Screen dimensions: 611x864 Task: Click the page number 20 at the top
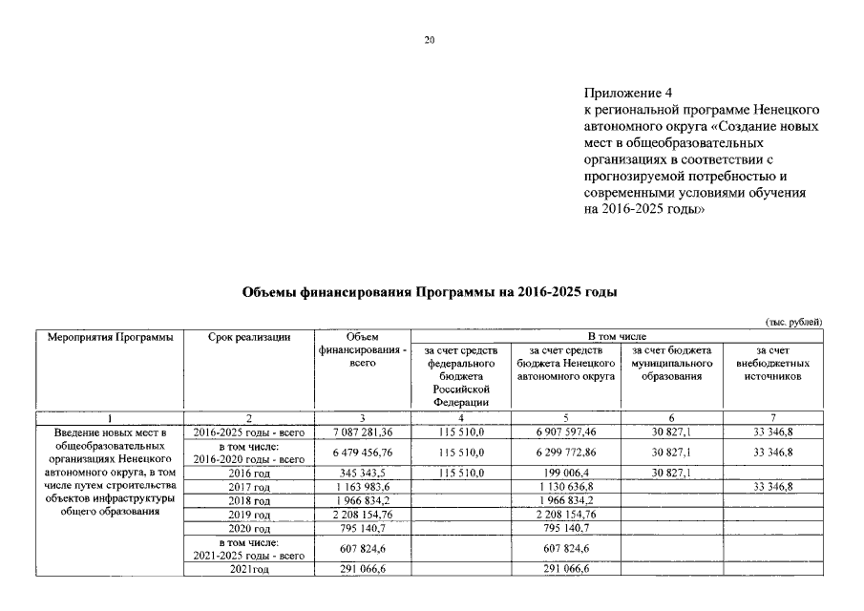pyautogui.click(x=430, y=40)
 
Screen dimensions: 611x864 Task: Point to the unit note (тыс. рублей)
pyautogui.click(x=792, y=322)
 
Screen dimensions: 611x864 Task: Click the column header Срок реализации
pyautogui.click(x=248, y=336)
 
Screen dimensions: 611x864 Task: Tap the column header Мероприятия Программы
pyautogui.click(x=106, y=336)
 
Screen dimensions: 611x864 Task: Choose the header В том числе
pyautogui.click(x=616, y=336)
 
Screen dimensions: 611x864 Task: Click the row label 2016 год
pyautogui.click(x=248, y=474)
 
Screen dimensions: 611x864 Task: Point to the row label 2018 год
pyautogui.click(x=248, y=500)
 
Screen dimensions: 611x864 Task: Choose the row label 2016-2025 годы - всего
pyautogui.click(x=248, y=432)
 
